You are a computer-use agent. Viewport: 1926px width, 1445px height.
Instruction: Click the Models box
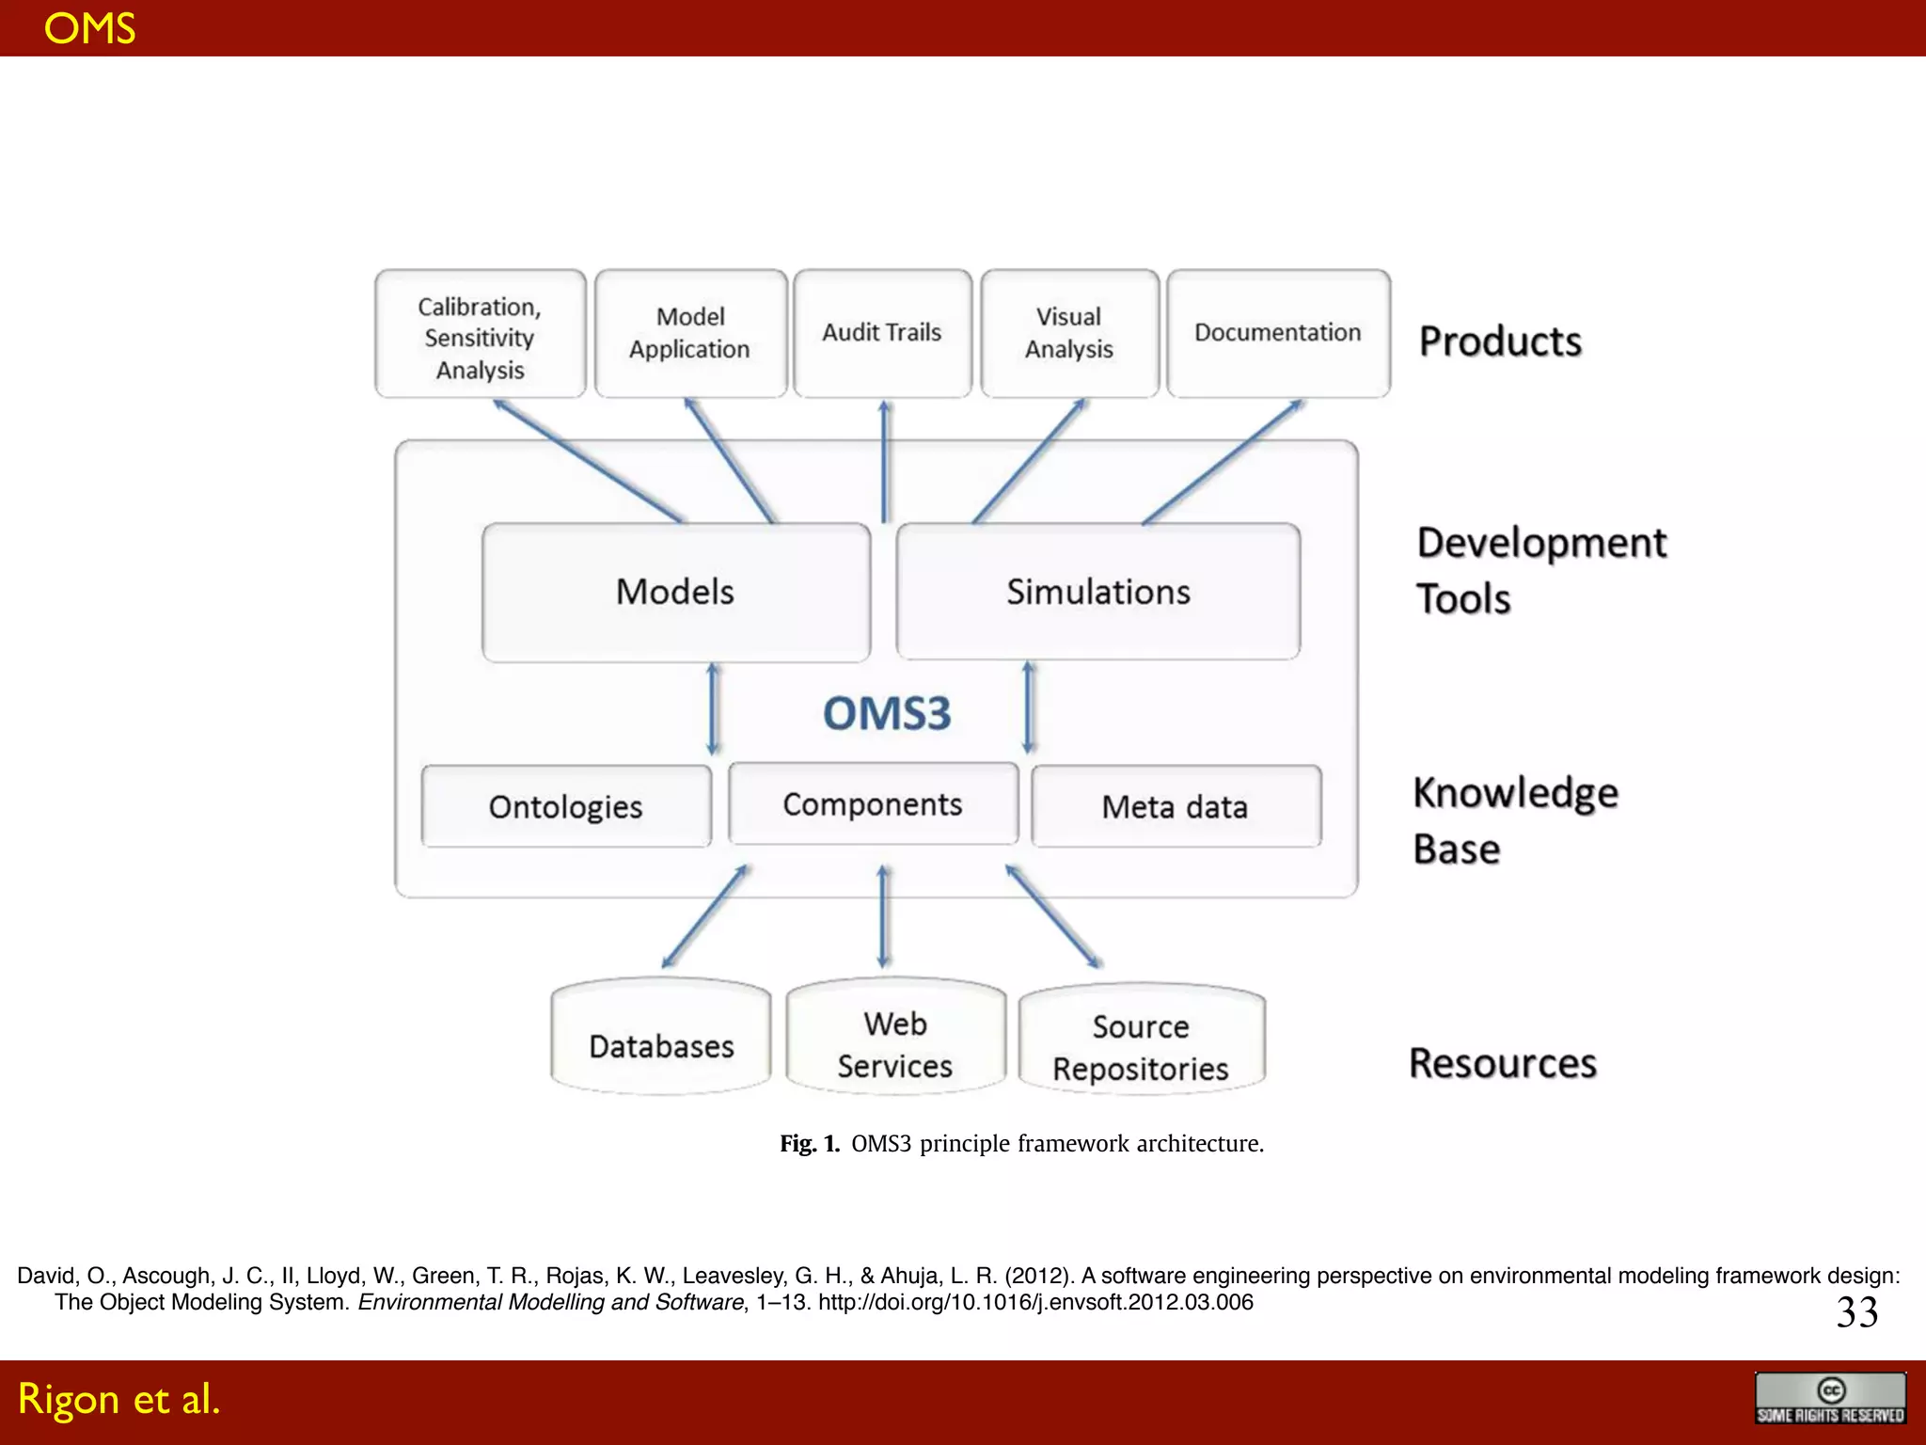click(x=675, y=592)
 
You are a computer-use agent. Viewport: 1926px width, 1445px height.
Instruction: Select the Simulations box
click(x=1097, y=592)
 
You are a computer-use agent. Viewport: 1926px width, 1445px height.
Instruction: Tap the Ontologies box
click(x=565, y=806)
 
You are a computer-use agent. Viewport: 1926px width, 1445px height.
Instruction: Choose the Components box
click(x=873, y=804)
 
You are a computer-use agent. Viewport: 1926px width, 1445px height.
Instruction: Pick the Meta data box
click(x=1175, y=806)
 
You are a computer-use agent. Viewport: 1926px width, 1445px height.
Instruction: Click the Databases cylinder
click(x=661, y=1039)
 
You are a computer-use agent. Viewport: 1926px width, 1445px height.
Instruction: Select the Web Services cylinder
click(x=895, y=1039)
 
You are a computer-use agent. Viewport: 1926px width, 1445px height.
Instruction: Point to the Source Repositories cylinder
click(x=1141, y=1042)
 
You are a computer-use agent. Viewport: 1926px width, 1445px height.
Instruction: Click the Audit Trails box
click(x=882, y=333)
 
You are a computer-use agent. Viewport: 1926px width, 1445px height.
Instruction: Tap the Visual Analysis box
click(x=1069, y=333)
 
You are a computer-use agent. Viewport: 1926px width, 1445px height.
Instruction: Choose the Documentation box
click(x=1278, y=333)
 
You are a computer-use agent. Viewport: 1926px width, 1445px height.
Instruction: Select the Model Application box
click(x=690, y=333)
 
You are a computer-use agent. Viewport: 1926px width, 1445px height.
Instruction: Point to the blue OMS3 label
click(x=887, y=713)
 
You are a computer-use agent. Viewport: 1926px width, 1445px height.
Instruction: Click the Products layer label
click(x=1500, y=341)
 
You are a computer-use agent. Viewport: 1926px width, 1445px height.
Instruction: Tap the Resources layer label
click(x=1503, y=1063)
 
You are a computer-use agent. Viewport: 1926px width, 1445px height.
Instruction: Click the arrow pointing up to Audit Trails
click(x=884, y=461)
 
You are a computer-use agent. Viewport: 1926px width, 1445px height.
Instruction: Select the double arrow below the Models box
click(x=713, y=709)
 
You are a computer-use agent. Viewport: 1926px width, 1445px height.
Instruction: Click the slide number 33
click(x=1856, y=1312)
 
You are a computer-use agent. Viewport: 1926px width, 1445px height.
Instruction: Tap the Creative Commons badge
click(x=1830, y=1399)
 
